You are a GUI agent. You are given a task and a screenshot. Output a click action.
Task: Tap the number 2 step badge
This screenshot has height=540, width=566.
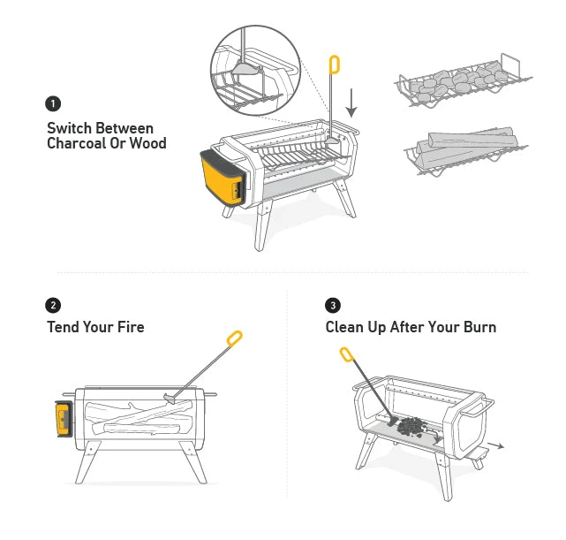55,306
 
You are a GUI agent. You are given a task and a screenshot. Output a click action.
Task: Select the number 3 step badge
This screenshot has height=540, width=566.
333,306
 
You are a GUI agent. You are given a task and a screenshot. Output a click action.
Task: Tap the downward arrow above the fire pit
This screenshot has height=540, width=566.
352,103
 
